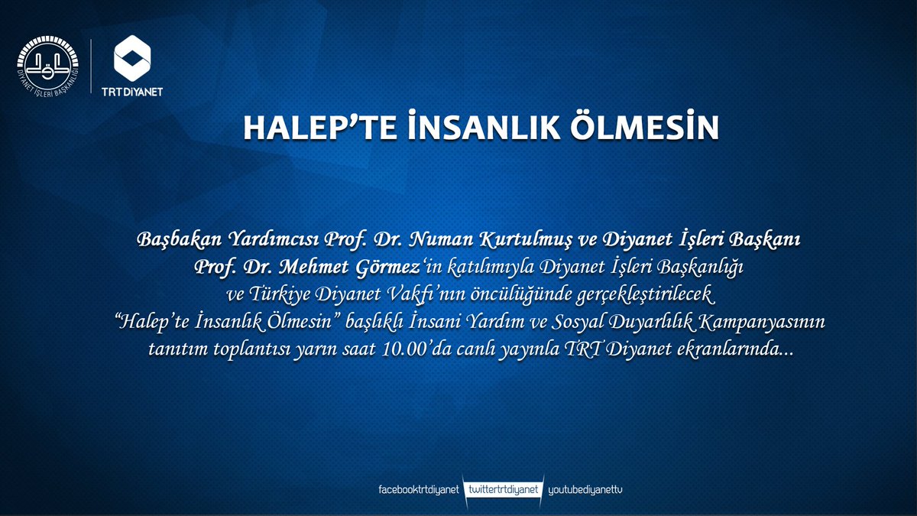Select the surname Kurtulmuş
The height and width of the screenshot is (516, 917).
click(x=525, y=241)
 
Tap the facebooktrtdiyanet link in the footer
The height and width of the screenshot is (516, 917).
click(x=418, y=488)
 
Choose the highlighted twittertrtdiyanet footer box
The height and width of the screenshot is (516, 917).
click(x=503, y=488)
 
